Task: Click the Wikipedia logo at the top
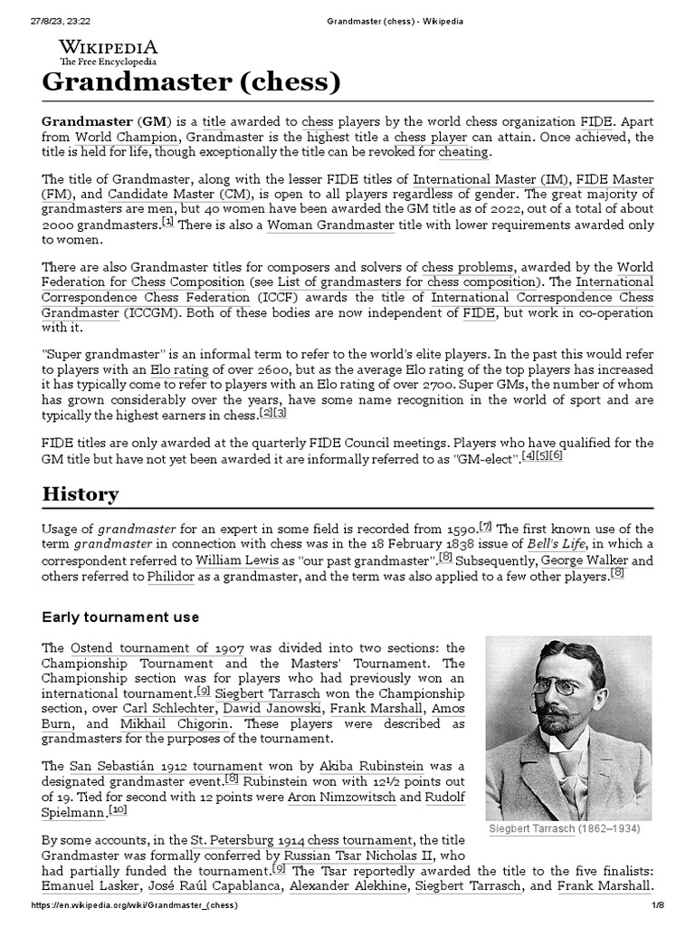point(108,52)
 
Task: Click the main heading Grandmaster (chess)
point(192,83)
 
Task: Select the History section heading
point(80,493)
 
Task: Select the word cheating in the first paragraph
point(462,153)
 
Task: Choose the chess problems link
point(468,267)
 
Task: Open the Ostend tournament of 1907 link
point(157,648)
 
